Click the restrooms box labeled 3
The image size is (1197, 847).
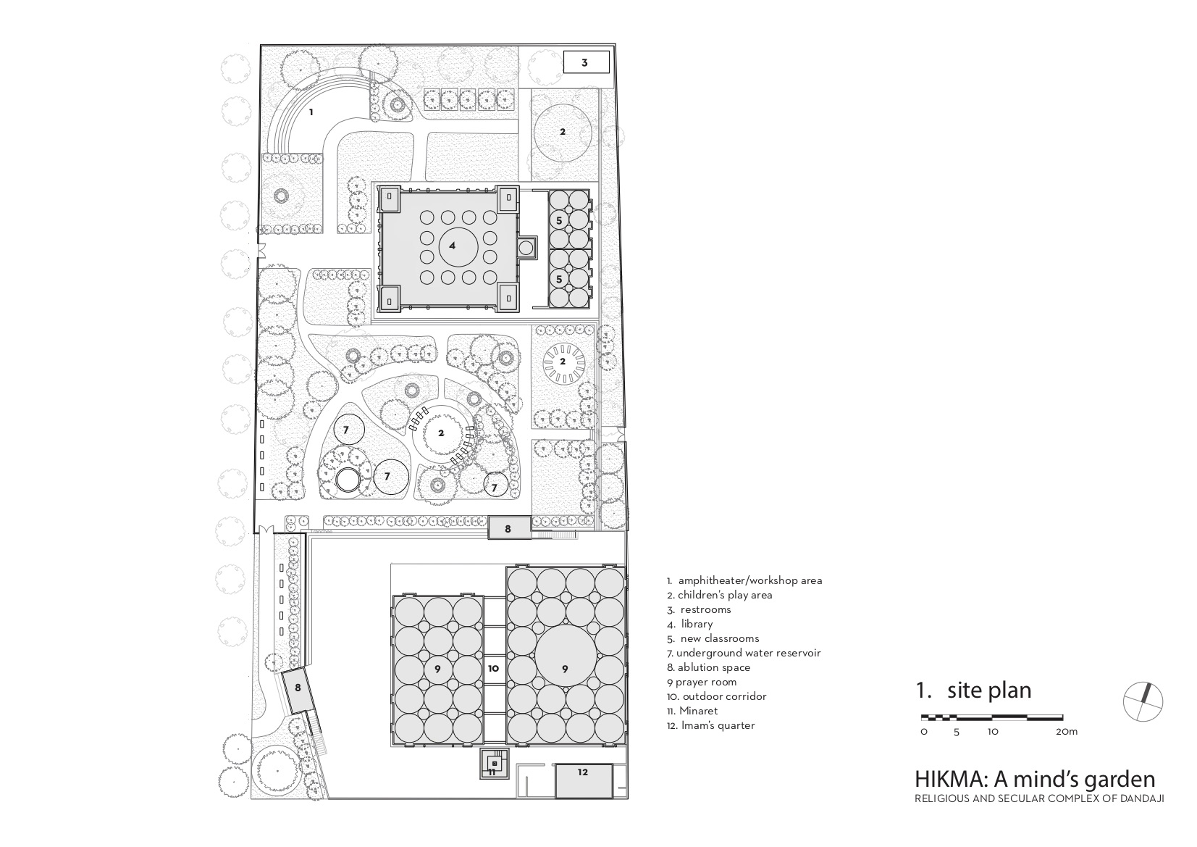585,62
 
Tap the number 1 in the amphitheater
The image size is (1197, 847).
311,112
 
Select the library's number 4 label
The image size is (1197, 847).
453,246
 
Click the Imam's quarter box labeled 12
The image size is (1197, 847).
583,773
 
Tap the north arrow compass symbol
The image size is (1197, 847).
1143,701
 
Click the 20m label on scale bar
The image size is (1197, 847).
1066,732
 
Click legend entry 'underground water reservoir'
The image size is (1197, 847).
744,653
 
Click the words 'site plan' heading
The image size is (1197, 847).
988,690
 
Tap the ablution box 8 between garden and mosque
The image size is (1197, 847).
508,528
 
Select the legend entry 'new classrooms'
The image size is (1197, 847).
713,638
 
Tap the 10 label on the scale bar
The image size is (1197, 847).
992,732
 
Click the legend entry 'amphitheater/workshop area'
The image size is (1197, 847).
744,580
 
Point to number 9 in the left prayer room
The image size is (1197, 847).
437,669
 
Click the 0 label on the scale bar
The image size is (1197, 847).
924,732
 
